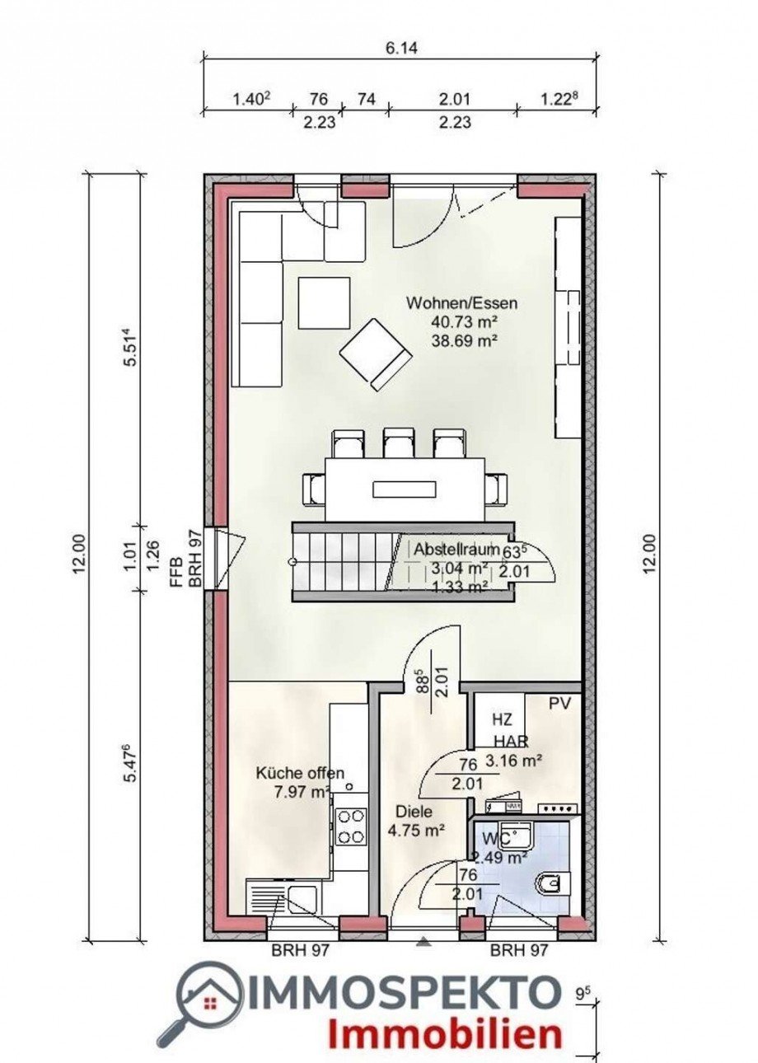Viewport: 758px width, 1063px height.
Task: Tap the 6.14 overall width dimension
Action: pyautogui.click(x=395, y=49)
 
